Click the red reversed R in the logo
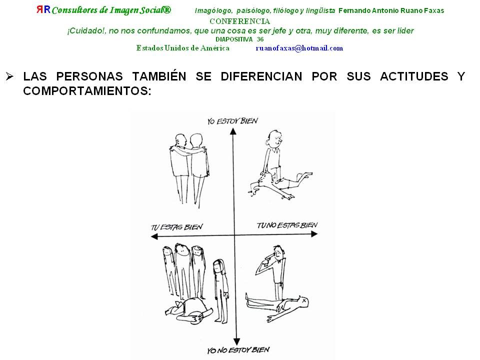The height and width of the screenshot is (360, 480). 39,9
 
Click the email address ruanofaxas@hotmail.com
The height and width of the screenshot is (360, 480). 299,48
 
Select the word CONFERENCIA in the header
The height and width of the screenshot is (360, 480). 239,21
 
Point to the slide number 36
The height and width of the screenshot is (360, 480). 260,39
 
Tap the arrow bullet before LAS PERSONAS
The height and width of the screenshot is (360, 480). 9,76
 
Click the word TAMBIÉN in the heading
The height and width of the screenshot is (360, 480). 159,76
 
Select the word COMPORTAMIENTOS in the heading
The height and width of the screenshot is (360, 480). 87,91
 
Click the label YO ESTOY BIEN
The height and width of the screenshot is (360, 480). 232,121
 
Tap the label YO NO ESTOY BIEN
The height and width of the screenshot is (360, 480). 238,350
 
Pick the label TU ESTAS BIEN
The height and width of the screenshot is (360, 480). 176,227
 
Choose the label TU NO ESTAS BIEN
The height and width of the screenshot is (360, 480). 287,225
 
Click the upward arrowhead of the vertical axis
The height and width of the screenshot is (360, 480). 233,131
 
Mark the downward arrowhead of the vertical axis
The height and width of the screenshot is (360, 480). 236,342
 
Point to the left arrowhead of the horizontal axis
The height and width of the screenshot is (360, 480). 154,236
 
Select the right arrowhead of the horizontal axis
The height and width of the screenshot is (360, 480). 314,234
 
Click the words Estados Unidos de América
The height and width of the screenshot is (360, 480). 183,48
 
